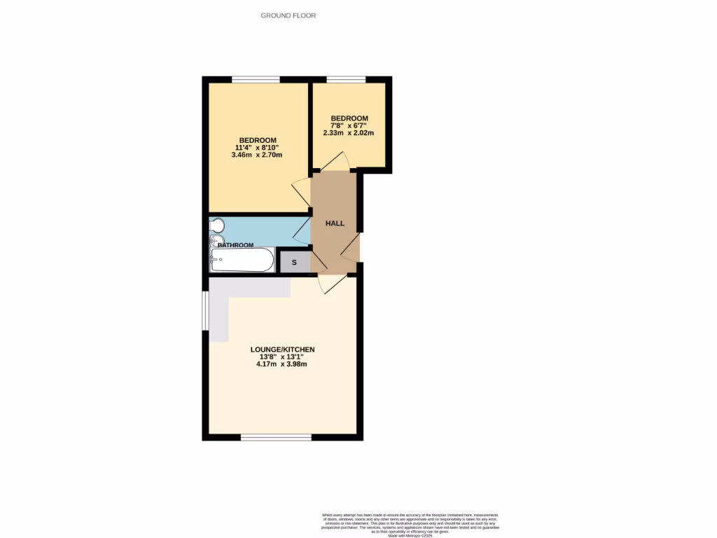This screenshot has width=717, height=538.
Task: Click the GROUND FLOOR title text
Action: [x=288, y=15]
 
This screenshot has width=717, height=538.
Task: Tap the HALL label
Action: [x=335, y=223]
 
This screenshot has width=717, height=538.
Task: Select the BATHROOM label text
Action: [x=235, y=245]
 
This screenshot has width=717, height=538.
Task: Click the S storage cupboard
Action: [x=294, y=262]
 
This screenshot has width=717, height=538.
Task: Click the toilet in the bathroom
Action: [x=216, y=225]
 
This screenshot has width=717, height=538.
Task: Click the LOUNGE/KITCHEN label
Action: [x=283, y=349]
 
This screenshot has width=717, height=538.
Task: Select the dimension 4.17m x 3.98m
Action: [x=282, y=364]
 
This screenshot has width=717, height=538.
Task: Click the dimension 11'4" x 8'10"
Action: [x=258, y=147]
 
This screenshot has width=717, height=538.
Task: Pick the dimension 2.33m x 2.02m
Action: [x=349, y=132]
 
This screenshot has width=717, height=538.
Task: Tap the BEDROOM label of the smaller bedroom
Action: [x=349, y=118]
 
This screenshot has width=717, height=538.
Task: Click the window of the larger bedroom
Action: [x=256, y=79]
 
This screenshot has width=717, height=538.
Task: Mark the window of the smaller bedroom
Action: [x=346, y=79]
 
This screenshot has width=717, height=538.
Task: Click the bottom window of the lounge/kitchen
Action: [x=276, y=437]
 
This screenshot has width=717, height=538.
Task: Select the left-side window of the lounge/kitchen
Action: [x=205, y=309]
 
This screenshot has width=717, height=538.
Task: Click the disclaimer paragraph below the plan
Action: [x=411, y=523]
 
